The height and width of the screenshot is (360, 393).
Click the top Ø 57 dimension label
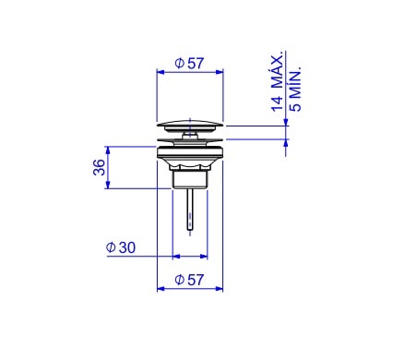coord(189,64)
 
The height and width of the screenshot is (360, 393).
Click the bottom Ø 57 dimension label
coord(189,280)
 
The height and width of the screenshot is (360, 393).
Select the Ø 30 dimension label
coord(121,247)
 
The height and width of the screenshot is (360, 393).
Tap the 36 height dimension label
coord(99,167)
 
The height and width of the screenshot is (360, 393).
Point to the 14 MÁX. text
coord(277,81)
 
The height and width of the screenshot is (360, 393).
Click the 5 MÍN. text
coord(296,89)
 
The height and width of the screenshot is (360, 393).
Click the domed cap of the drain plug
coord(190,126)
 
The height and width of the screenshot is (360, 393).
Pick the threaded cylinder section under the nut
coord(190,179)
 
